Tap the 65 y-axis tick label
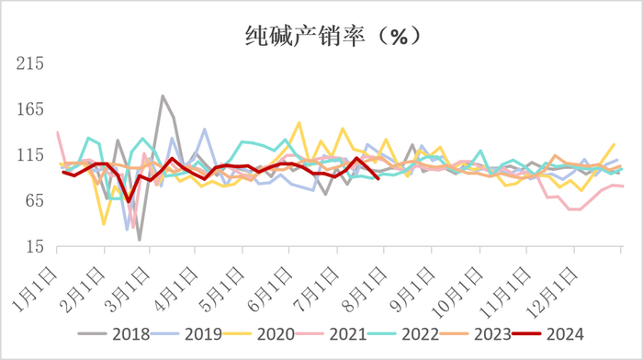pos(35,201)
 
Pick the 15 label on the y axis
pos(35,246)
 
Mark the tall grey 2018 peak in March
pos(163,96)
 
